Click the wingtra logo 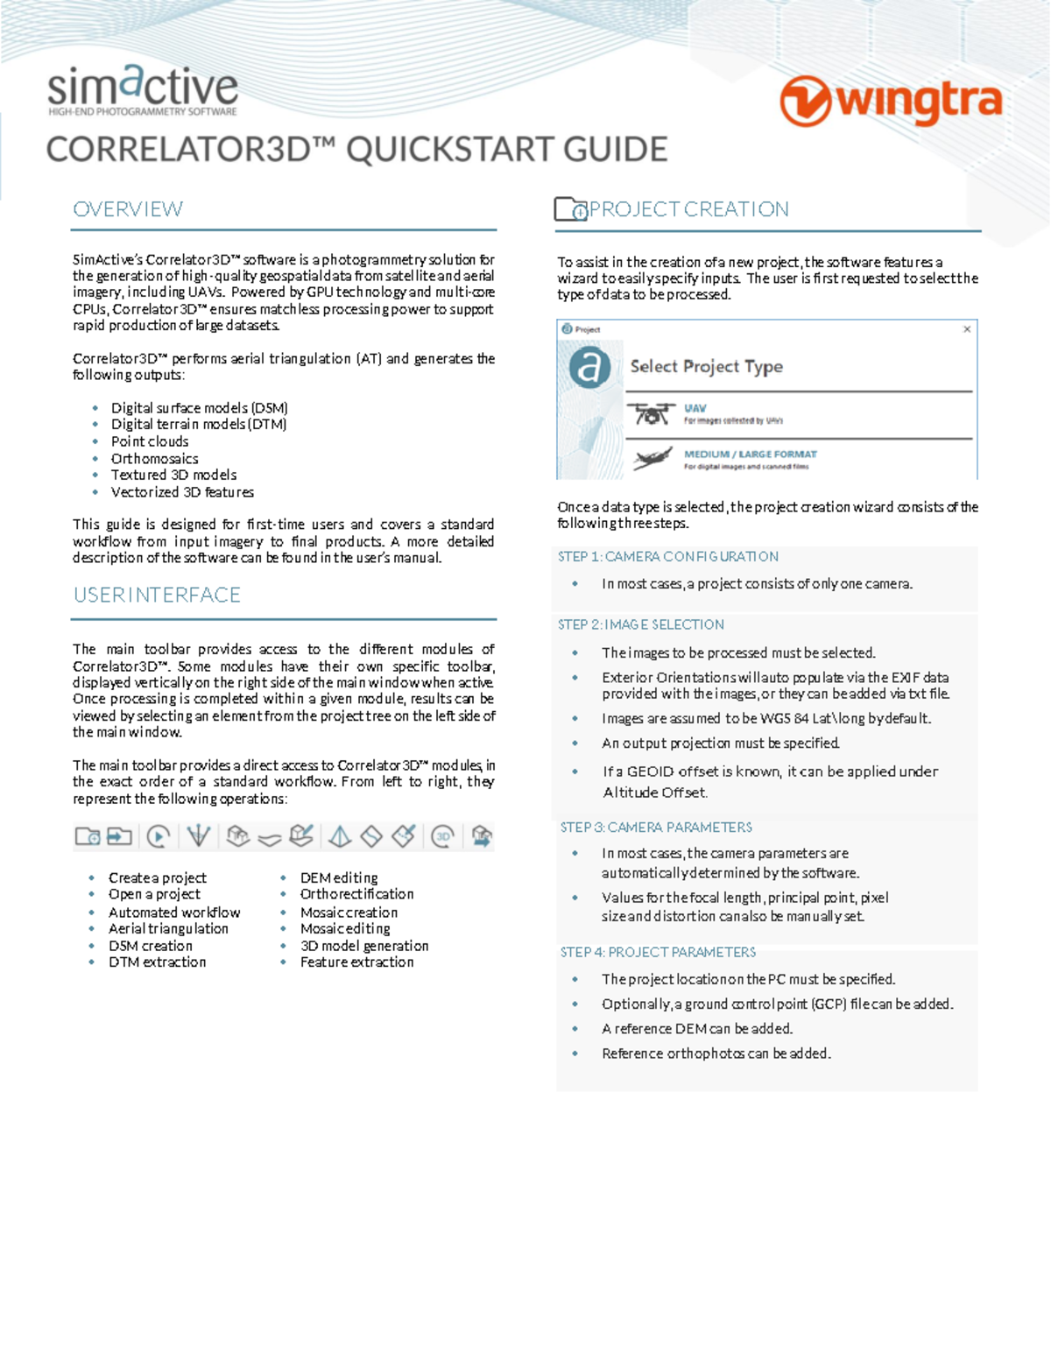tap(891, 101)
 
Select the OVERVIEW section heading tap(128, 209)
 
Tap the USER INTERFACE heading tap(157, 595)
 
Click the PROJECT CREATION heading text tap(688, 209)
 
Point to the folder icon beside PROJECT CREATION tap(570, 209)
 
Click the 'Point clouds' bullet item tap(150, 441)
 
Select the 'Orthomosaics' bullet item tap(154, 458)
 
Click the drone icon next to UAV tap(651, 413)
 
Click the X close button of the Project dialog tap(967, 329)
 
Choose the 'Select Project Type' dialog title tap(706, 366)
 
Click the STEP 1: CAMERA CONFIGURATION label tap(667, 557)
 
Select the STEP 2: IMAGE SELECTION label tap(640, 624)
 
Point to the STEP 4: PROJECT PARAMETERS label tap(658, 952)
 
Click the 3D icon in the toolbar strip tap(443, 836)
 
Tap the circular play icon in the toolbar tap(159, 836)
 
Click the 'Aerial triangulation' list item tap(168, 928)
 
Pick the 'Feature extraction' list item tap(356, 962)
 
